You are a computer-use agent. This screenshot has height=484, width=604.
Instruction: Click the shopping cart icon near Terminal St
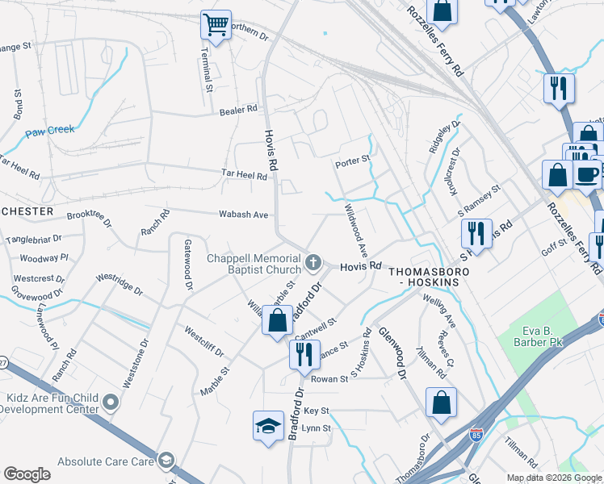point(216,26)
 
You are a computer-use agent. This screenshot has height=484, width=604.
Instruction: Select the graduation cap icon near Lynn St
point(267,426)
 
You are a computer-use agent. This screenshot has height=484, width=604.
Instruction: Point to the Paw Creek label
point(49,129)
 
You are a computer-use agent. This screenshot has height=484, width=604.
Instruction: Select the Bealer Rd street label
point(240,108)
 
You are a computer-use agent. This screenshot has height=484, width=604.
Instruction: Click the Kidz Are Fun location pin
point(111,402)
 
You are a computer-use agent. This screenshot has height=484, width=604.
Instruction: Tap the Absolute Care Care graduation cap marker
point(166,461)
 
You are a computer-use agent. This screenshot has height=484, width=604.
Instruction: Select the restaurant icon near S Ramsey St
point(476,234)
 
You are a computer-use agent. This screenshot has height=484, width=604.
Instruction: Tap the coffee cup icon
point(586,173)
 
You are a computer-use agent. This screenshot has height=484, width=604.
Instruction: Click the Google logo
point(27,474)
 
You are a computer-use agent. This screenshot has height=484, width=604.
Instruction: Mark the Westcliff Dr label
point(203,342)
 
